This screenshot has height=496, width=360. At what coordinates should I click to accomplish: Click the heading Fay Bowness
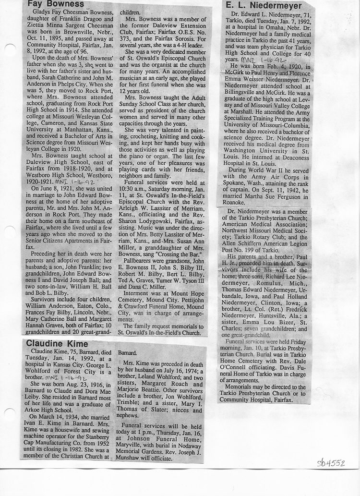coord(49,4)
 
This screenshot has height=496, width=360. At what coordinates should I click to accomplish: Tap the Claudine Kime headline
coord(57,343)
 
